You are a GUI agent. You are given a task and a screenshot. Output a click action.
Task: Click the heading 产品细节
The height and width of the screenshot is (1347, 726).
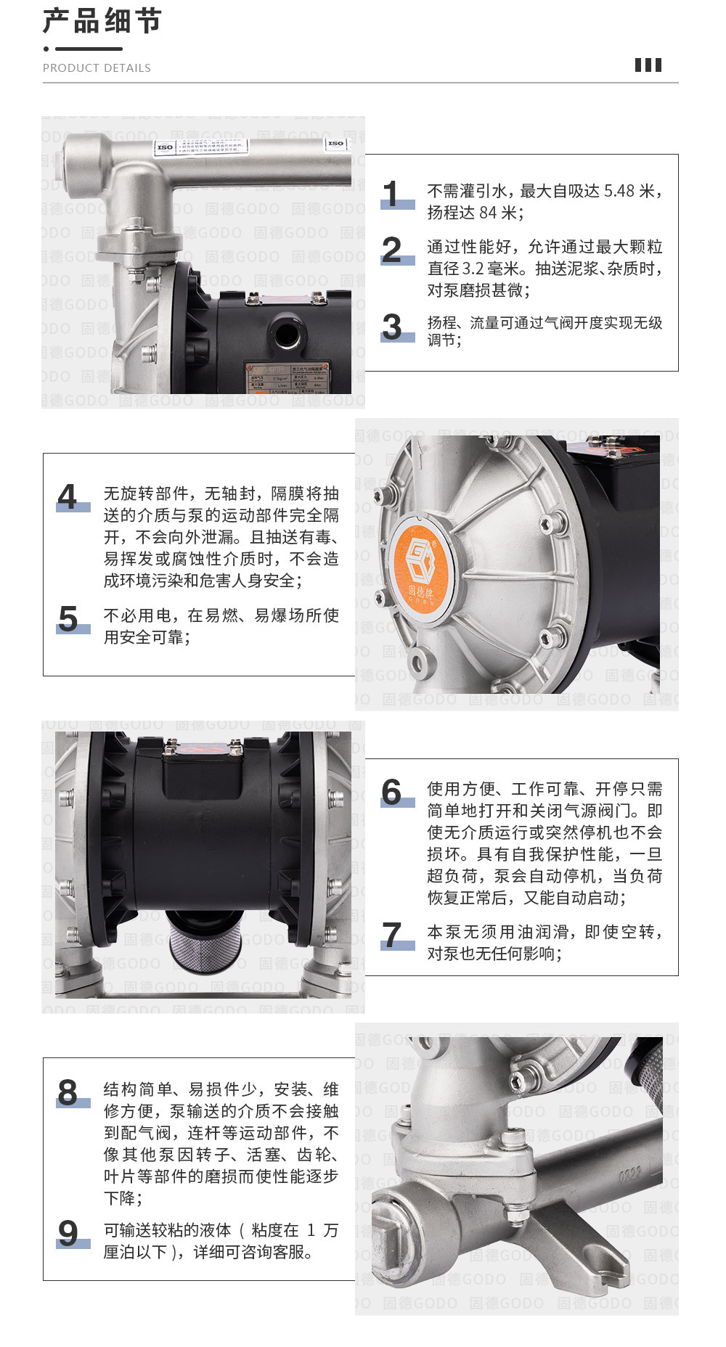[x=102, y=21]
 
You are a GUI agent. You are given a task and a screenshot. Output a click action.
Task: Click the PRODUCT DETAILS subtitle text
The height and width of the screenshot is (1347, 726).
[x=97, y=67]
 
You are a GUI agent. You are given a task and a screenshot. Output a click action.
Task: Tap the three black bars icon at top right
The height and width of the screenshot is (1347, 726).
[x=648, y=65]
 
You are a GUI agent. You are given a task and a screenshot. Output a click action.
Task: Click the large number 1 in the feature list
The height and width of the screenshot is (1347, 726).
[x=392, y=194]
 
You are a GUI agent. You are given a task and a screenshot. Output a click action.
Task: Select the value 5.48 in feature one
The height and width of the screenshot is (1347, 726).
[x=619, y=191]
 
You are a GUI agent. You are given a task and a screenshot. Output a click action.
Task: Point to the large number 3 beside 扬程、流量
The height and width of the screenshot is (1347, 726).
[x=392, y=327]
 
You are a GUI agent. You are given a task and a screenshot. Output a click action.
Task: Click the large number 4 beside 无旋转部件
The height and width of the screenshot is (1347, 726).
[x=68, y=497]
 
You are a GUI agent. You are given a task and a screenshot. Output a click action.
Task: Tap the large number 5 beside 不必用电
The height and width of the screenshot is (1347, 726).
[x=68, y=619]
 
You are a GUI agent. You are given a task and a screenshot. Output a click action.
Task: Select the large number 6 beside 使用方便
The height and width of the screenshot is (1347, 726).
[x=392, y=792]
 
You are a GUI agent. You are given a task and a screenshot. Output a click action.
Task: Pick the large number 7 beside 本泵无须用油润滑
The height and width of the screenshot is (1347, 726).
[x=392, y=935]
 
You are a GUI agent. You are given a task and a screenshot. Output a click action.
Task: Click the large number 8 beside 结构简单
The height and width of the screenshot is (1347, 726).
[x=68, y=1092]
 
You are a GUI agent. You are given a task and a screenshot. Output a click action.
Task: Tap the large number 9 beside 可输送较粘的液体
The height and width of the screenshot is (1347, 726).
[x=68, y=1233]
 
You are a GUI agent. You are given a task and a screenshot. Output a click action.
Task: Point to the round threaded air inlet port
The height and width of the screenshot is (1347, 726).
[x=290, y=335]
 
